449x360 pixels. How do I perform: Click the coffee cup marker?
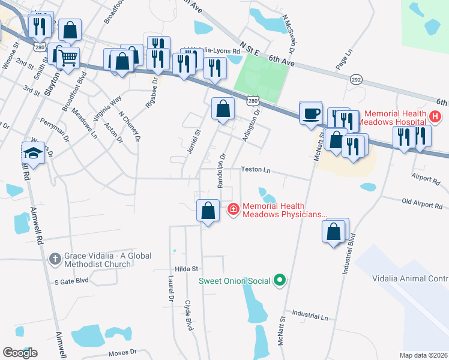(x=310, y=113)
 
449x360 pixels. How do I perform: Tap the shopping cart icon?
(x=68, y=59)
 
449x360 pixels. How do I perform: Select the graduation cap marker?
(x=34, y=155)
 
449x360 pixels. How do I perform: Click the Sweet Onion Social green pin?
(x=279, y=280)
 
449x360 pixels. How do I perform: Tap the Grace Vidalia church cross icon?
(x=55, y=259)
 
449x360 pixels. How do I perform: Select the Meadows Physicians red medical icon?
(x=233, y=209)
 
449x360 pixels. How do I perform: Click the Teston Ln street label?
(x=256, y=170)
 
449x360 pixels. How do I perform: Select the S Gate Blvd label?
(x=71, y=281)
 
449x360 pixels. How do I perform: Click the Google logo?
(x=20, y=353)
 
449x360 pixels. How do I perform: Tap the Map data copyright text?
(x=423, y=355)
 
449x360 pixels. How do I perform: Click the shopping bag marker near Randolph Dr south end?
(x=208, y=211)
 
